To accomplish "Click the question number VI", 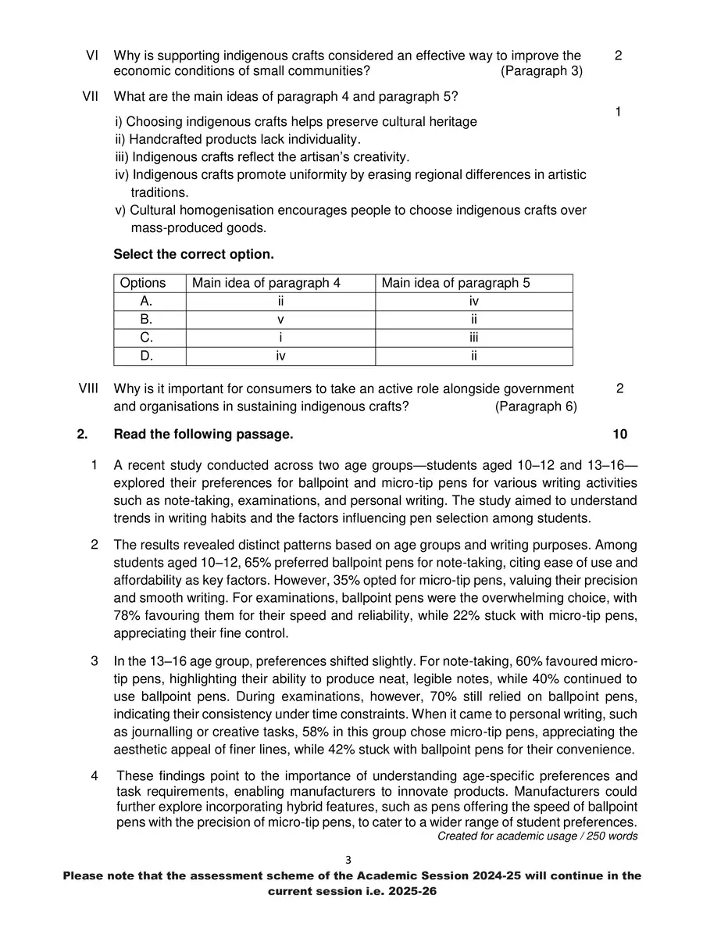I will coord(91,55).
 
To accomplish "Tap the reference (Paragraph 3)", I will coord(541,71).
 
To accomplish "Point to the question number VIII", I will coord(88,388).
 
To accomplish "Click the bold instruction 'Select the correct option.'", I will coord(194,255).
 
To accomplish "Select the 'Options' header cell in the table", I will coord(143,283).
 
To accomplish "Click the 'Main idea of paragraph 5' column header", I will coord(455,283).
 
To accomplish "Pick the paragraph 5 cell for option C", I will coord(473,338).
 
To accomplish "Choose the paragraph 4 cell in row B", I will coord(280,320).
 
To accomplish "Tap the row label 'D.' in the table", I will coord(146,356).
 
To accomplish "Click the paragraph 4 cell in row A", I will coord(280,302).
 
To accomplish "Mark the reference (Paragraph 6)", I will coord(536,406).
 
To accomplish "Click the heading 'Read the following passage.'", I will coord(204,435).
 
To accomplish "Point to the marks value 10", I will coord(619,435).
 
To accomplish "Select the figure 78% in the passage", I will coord(127,616).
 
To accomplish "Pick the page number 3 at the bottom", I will coord(348,860).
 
